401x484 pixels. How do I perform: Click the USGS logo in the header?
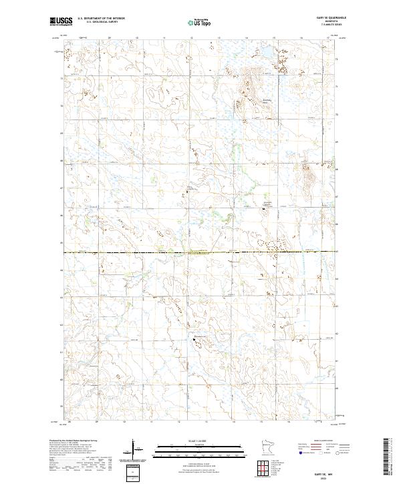click(61, 22)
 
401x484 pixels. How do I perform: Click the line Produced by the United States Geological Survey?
click(74, 442)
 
